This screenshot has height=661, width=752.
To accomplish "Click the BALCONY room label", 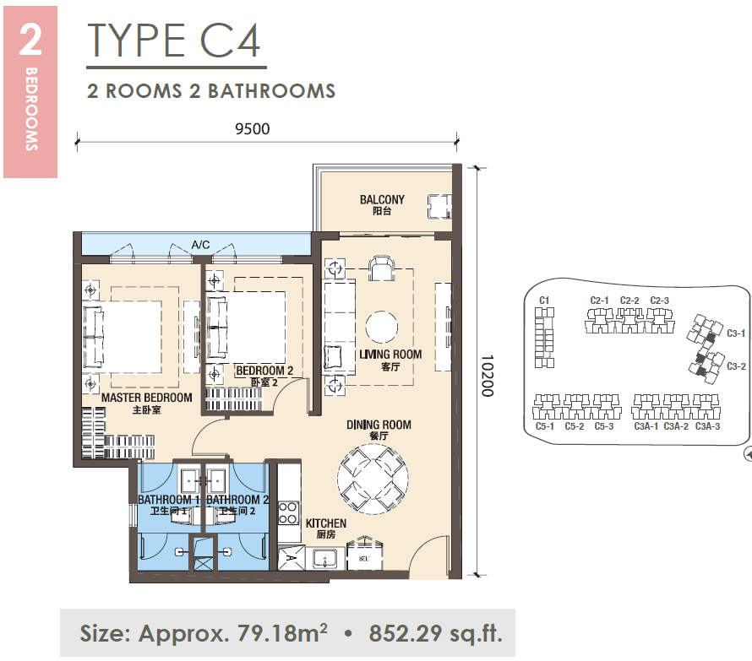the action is click(382, 200).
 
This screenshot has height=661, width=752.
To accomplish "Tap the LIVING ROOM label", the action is click(390, 355).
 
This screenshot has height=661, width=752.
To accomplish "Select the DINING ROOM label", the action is click(379, 425).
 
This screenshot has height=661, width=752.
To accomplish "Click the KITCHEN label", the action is click(326, 523).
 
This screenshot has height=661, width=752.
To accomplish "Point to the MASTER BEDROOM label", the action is click(147, 398).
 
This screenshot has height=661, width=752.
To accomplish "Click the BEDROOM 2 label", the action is click(264, 371).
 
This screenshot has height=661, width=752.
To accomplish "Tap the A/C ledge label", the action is click(200, 245).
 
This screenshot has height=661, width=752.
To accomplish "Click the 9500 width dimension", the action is click(253, 129).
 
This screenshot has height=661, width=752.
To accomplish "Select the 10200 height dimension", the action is click(488, 376).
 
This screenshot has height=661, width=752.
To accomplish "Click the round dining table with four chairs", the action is click(373, 479).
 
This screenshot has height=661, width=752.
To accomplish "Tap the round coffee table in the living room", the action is click(382, 327).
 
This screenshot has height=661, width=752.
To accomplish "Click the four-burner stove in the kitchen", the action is click(288, 513).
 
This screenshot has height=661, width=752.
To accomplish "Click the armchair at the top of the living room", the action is click(381, 268).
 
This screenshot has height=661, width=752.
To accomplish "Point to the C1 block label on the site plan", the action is click(544, 301).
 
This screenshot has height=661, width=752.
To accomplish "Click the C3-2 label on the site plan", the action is click(736, 366).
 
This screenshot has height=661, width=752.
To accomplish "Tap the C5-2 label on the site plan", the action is click(574, 426).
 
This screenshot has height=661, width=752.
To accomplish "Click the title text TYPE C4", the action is click(174, 41).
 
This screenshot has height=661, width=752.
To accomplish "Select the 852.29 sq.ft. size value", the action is click(435, 633).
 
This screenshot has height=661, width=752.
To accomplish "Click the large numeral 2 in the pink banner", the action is click(30, 40).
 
